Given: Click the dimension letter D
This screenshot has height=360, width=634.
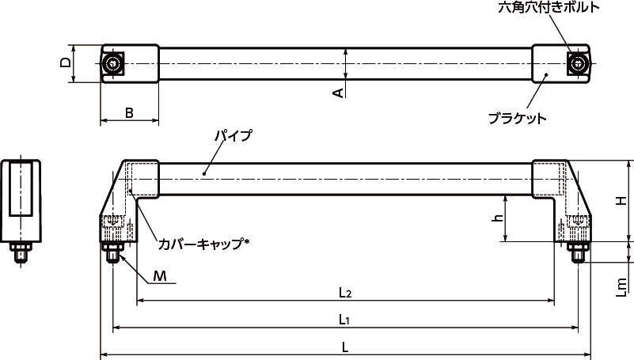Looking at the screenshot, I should pos(66,63).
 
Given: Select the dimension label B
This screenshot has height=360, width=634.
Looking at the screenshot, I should pos(129,113).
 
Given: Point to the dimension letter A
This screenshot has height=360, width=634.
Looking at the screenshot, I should pos(338,93).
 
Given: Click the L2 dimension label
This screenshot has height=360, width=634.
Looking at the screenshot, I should pos(345,293).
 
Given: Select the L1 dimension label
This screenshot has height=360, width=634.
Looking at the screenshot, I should pos(345,319).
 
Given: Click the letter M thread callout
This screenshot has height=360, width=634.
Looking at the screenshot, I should pos(160,275).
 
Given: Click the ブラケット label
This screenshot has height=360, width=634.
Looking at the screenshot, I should pos(517,118).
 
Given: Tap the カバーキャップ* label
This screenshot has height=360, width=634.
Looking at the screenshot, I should pos(203,244).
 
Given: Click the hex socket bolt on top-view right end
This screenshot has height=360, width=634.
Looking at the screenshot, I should pos(579,63).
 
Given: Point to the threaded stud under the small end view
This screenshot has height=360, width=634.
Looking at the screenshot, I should pos(21,254).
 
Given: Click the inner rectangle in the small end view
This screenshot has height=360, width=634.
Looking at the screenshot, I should pos(21,188).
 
